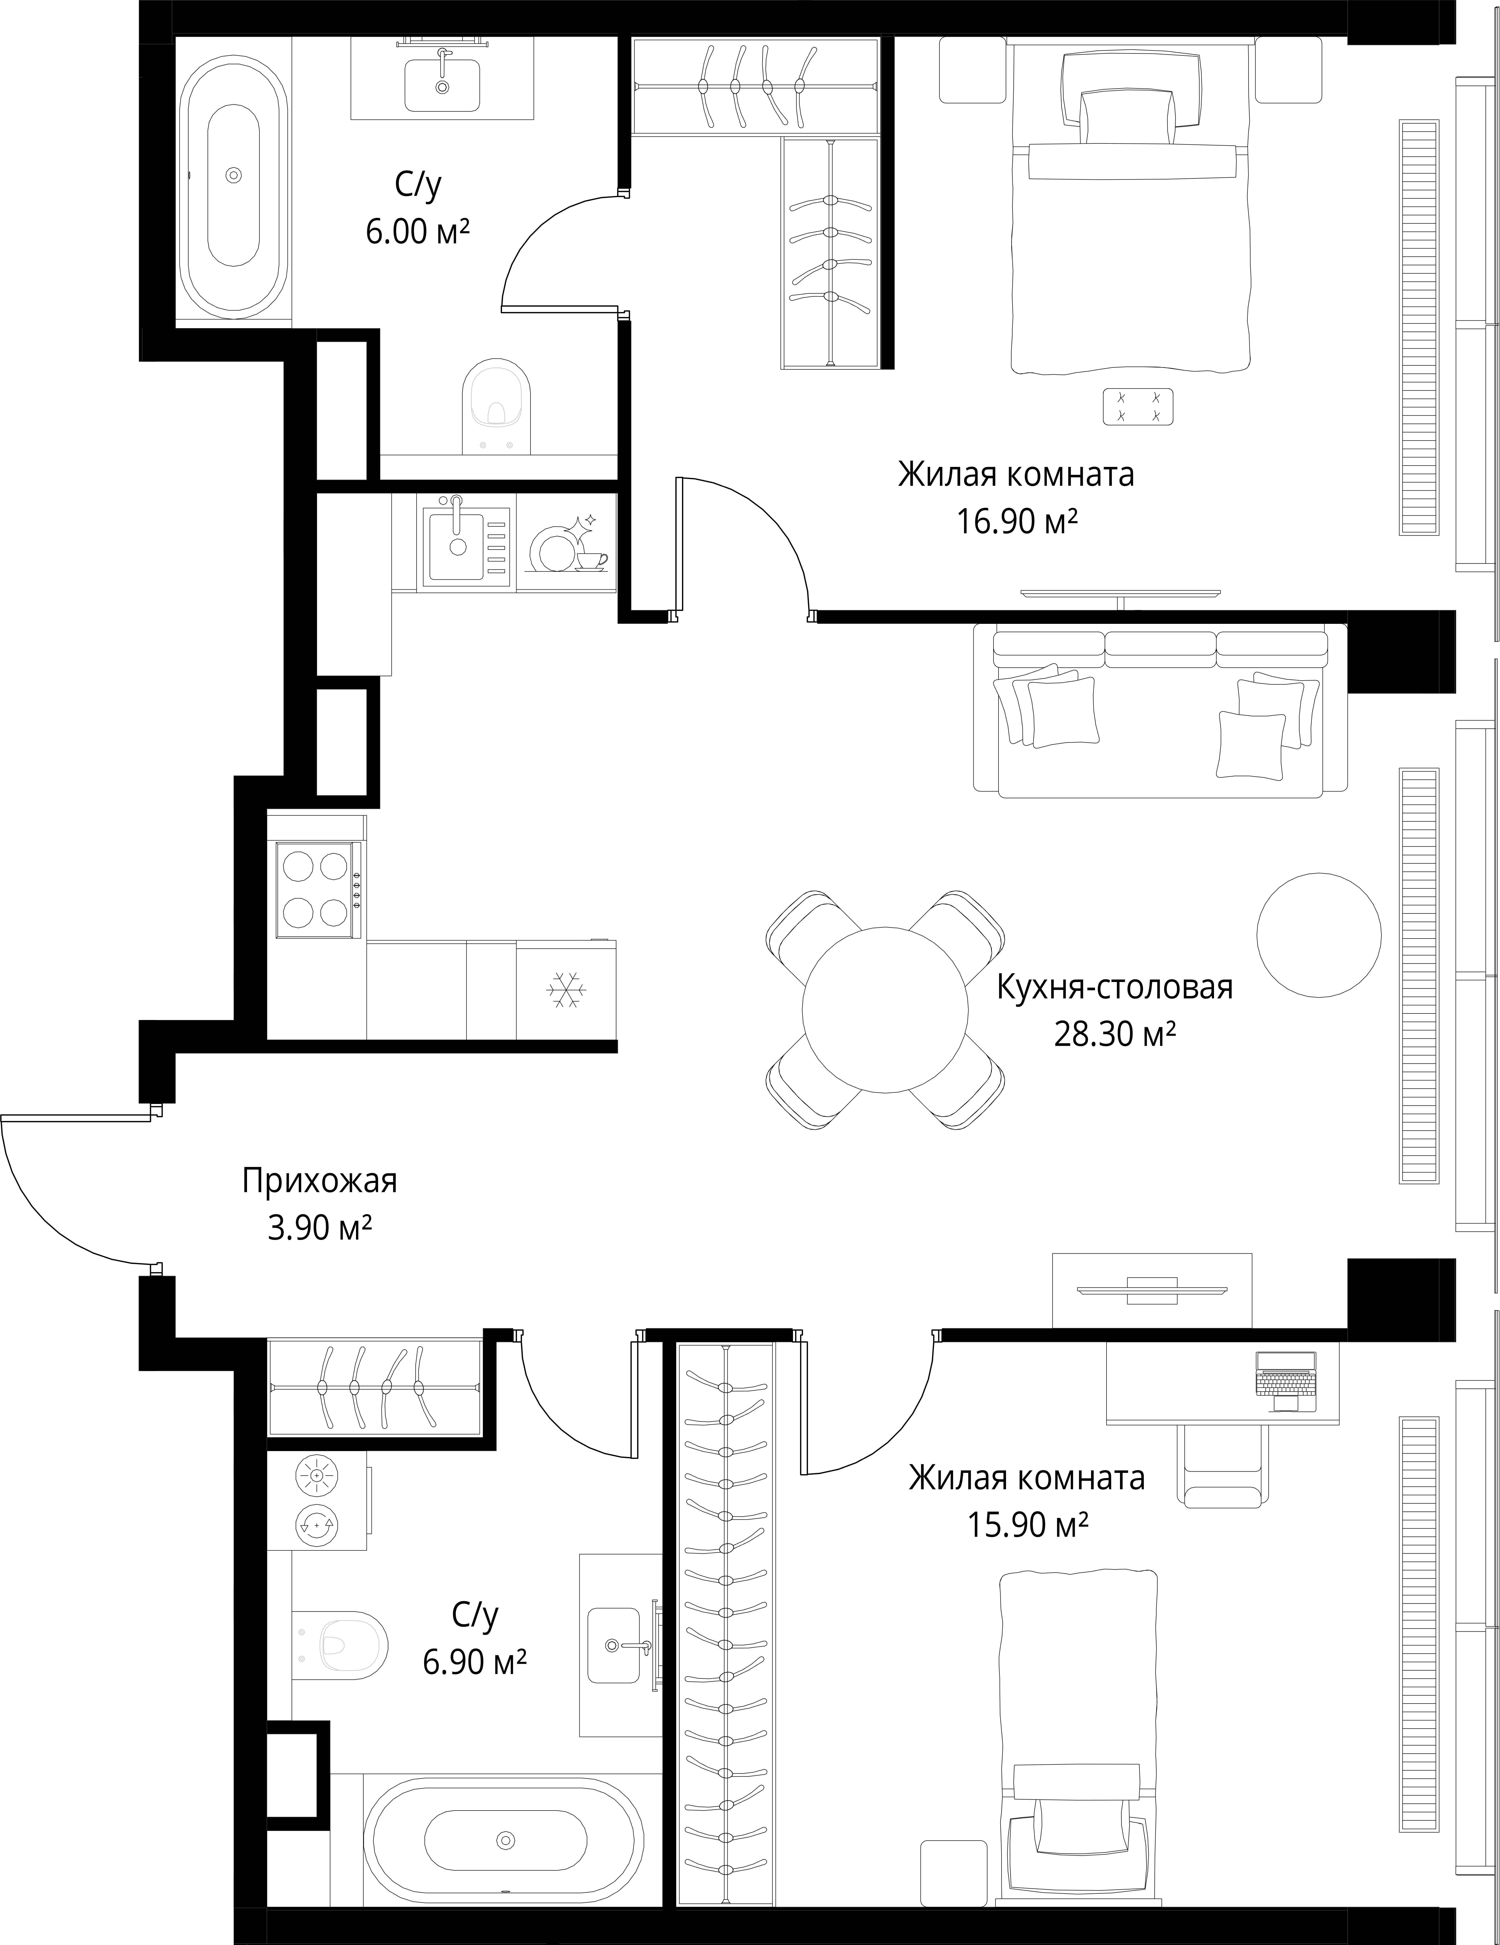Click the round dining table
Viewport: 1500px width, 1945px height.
pos(884,1010)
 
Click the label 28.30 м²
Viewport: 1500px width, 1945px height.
pos(1115,1035)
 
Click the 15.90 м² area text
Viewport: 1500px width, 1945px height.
pos(1028,1526)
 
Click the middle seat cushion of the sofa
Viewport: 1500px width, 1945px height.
pos(1161,648)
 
